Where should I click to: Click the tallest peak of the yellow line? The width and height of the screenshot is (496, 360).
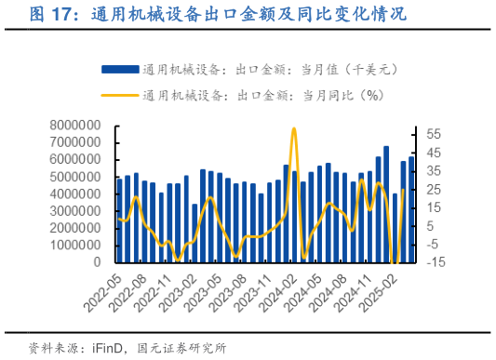(294, 128)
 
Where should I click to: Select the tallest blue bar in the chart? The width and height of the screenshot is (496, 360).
(386, 205)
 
